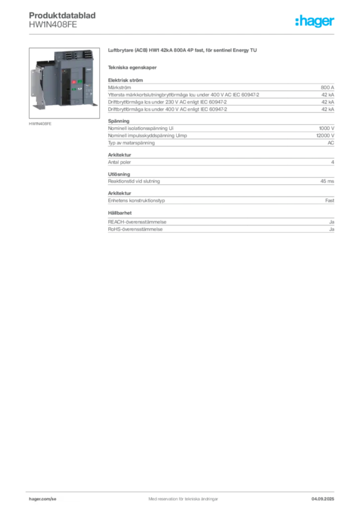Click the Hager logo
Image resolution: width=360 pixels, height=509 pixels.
pos(315,21)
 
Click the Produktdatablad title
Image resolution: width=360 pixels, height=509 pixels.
pos(62,15)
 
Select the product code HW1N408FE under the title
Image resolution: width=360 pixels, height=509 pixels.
pos(53,25)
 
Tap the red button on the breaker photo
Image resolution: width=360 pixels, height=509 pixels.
pos(74,82)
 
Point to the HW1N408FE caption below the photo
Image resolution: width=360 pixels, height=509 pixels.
pos(40,124)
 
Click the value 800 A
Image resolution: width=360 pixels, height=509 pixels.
pos(327,87)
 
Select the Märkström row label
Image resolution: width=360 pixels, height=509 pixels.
pos(119,87)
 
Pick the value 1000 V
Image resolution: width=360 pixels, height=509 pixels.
pos(327,128)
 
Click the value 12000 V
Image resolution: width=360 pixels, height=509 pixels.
pos(325,135)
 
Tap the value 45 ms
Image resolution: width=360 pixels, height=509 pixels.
pos(327,181)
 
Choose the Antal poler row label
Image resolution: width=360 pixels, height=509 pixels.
pos(119,162)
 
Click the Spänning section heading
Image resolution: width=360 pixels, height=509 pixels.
pos(119,121)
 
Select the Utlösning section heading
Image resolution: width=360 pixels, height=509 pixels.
pos(119,174)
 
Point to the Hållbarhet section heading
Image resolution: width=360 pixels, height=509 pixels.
pos(120,213)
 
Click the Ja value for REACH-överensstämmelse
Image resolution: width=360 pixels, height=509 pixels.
pos(332,222)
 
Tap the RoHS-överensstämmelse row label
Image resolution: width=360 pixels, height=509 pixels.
pos(135,229)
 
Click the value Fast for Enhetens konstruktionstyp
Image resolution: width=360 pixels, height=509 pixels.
pos(330,201)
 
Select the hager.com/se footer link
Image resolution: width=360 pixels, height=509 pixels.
pos(43,499)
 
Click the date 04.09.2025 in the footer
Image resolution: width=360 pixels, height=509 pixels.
pos(323,499)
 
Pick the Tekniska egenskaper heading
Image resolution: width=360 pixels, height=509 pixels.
pos(132,68)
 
